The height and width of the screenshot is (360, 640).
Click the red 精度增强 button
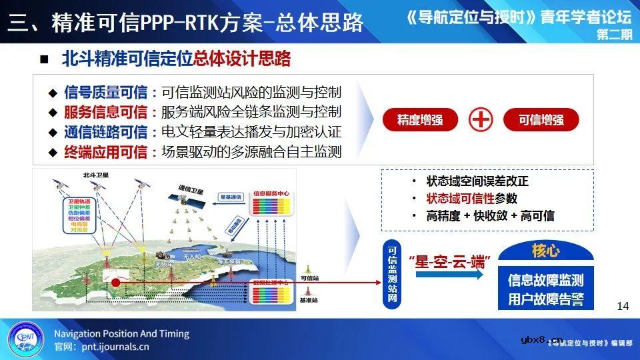click(x=419, y=121)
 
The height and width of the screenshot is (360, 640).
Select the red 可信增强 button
click(x=541, y=121)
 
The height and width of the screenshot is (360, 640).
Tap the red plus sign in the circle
click(x=481, y=121)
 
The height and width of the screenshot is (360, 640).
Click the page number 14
click(x=623, y=306)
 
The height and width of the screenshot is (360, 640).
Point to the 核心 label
click(x=545, y=251)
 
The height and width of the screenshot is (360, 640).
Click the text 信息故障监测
click(x=545, y=279)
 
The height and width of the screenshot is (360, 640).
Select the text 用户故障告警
click(x=545, y=299)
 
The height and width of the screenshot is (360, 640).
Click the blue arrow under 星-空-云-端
click(x=446, y=275)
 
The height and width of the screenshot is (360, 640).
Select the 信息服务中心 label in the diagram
click(x=271, y=195)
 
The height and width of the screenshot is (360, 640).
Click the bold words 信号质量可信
click(x=105, y=92)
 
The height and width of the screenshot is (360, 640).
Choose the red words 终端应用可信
click(x=105, y=152)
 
